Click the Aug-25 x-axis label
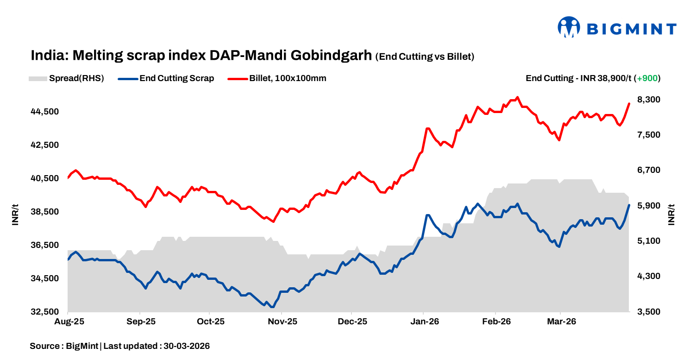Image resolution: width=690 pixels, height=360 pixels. click(x=68, y=322)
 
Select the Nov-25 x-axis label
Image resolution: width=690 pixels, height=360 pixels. click(x=282, y=322)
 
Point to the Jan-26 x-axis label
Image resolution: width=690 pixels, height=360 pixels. click(x=424, y=322)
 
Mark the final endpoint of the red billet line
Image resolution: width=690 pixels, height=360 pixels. click(x=629, y=104)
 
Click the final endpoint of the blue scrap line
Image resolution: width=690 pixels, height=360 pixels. click(x=629, y=205)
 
